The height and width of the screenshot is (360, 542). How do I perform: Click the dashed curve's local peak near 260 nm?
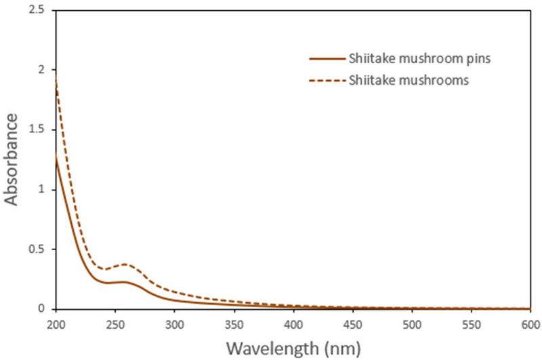[125, 264]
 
